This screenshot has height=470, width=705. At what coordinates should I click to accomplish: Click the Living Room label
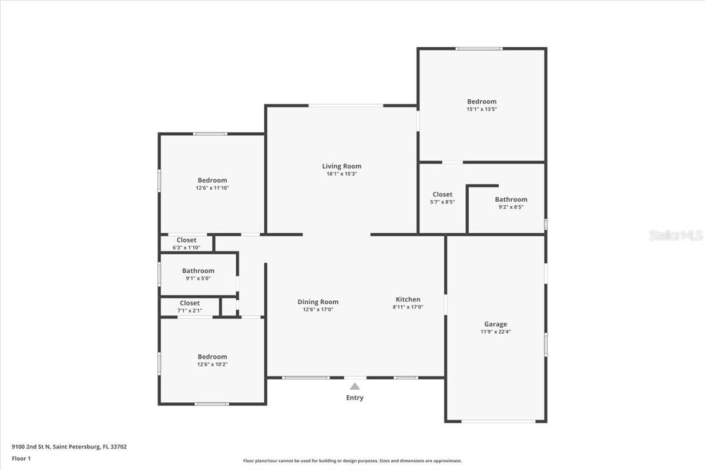(341, 166)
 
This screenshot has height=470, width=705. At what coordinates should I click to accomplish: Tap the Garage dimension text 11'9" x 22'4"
(495, 331)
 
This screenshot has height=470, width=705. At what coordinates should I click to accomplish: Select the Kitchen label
(408, 300)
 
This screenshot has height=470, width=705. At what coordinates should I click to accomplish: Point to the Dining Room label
(318, 302)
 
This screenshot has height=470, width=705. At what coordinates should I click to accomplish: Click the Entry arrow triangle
(355, 386)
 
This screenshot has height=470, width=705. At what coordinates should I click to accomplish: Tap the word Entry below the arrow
(355, 398)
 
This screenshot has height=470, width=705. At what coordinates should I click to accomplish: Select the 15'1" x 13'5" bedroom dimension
(482, 109)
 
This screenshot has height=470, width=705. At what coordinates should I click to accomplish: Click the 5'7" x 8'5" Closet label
(442, 194)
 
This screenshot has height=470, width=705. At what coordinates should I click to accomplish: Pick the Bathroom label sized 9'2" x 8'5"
(511, 200)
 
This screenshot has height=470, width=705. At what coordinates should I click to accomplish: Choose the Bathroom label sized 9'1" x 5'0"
(198, 271)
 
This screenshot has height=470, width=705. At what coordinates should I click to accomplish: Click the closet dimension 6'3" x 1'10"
(186, 248)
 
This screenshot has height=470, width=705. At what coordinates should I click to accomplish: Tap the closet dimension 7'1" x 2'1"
(189, 311)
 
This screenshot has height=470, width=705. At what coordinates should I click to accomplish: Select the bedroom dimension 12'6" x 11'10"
(212, 188)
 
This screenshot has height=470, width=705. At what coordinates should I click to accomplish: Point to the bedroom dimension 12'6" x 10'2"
(212, 364)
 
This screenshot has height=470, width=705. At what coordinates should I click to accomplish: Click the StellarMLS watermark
(676, 235)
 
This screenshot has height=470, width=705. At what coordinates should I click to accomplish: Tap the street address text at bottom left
(69, 446)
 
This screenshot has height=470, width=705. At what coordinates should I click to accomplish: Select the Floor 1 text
(21, 458)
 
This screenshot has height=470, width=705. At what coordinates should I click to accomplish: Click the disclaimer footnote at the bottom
(352, 461)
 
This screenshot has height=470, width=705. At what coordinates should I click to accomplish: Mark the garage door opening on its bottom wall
(498, 421)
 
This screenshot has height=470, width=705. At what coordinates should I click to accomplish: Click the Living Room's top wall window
(345, 106)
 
